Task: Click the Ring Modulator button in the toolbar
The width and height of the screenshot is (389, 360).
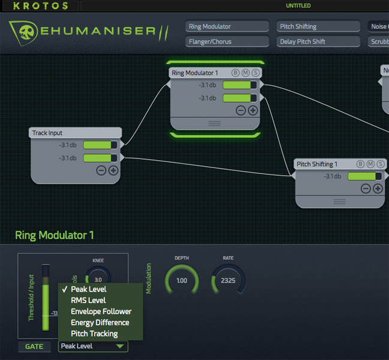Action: [227, 26]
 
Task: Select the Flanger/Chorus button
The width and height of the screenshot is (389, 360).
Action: [227, 41]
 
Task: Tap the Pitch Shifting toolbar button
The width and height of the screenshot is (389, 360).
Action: [318, 26]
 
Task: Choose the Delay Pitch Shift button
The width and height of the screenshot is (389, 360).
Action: [318, 41]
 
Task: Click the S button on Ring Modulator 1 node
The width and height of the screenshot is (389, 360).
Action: [256, 73]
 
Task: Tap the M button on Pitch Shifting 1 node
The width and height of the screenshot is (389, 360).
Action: [370, 164]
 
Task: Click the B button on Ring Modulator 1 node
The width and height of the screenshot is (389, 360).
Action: [236, 73]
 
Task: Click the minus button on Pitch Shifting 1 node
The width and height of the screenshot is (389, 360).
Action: [366, 188]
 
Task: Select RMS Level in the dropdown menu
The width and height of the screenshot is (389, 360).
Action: [88, 300]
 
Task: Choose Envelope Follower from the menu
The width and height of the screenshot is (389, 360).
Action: [101, 311]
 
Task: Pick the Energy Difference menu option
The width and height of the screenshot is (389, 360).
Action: [99, 322]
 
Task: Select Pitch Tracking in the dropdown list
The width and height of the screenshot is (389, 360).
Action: [94, 334]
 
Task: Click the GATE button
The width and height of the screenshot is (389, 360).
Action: [34, 346]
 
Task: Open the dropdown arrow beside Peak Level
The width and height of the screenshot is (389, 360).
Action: [120, 346]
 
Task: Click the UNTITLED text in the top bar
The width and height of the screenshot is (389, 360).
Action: [298, 5]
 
